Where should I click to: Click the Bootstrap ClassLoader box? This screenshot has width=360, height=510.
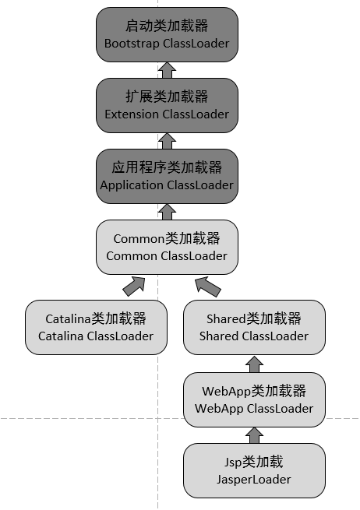[167, 35]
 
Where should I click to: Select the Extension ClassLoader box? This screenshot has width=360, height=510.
[167, 105]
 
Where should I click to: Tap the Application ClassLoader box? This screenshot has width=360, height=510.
[167, 176]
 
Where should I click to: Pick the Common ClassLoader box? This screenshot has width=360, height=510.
[167, 247]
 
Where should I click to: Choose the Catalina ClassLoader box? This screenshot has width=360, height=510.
[96, 327]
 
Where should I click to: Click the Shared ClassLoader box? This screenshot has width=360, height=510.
[253, 327]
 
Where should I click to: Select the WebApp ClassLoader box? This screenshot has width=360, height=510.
[253, 399]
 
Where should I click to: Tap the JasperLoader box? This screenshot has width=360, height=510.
[253, 470]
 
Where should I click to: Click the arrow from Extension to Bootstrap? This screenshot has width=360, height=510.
[166, 71]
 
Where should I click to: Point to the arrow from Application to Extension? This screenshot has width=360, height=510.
[166, 141]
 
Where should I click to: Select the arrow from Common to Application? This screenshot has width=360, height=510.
[166, 211]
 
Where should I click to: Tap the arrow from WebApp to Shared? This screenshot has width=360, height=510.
[253, 363]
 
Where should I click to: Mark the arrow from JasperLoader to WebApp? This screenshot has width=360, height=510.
[253, 434]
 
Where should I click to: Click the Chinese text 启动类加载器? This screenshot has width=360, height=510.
[167, 26]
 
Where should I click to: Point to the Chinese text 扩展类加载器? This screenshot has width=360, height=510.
[167, 97]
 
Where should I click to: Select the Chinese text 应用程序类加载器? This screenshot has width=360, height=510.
[167, 167]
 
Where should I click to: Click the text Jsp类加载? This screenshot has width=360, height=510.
[253, 463]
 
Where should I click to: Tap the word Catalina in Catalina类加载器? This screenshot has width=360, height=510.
[68, 318]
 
